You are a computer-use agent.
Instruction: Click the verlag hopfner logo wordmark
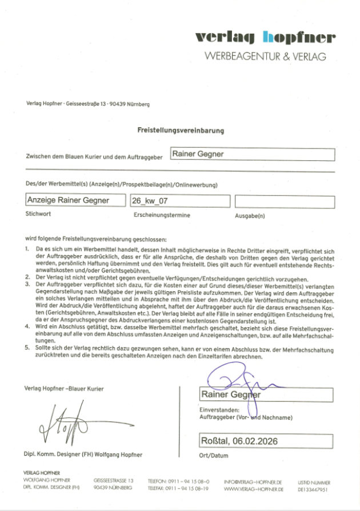click(x=265, y=38)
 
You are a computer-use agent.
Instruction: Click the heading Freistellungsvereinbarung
click(x=181, y=130)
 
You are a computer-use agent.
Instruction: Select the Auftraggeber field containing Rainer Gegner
click(x=253, y=154)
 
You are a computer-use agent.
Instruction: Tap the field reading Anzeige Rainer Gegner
click(x=75, y=201)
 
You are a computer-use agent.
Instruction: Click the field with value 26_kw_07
click(x=179, y=201)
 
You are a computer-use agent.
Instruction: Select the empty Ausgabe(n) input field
click(x=284, y=202)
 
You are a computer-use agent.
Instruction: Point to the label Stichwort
click(x=38, y=214)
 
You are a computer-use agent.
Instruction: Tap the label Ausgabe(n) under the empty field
click(x=250, y=216)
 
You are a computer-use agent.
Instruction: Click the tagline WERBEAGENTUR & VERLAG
click(x=265, y=57)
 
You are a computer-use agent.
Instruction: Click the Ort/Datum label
click(x=214, y=456)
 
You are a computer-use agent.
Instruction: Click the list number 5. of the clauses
click(x=27, y=347)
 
